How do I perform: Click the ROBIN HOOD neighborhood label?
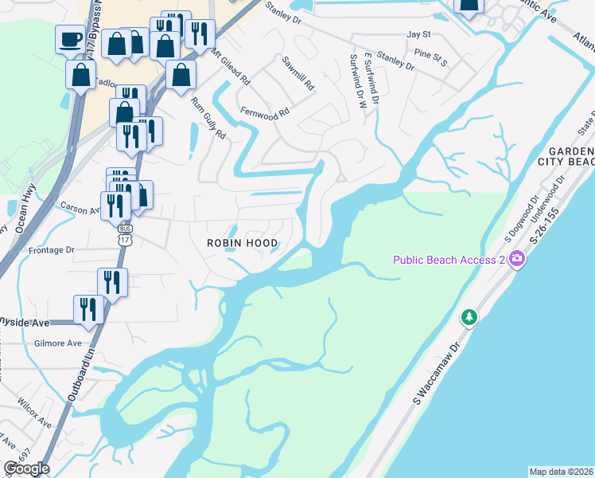(243, 243)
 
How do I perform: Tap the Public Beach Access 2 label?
(449, 260)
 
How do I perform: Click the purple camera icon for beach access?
(518, 259)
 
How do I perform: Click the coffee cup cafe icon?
(69, 39)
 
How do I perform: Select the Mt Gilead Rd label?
(231, 69)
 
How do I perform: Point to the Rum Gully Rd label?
(209, 118)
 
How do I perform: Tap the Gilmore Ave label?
(58, 343)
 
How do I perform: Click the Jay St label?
(418, 35)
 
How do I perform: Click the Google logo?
(26, 468)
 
